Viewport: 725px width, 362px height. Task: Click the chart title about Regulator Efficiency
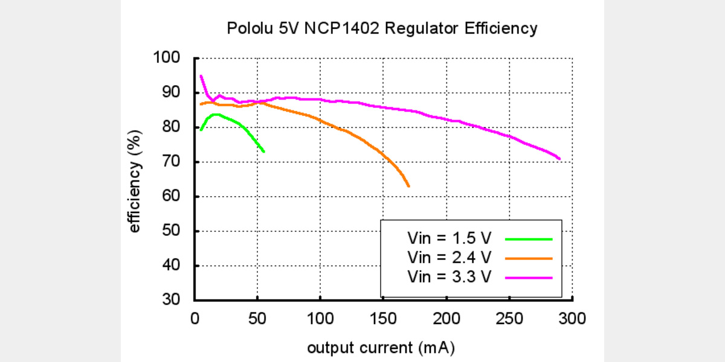(381, 28)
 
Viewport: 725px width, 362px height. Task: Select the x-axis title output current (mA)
(381, 348)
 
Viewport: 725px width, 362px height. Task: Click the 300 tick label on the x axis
(572, 318)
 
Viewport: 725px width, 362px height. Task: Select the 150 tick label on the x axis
(383, 318)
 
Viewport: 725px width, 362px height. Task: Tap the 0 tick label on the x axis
(195, 318)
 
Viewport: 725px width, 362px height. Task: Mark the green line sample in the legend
(529, 239)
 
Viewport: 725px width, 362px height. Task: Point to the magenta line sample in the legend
(529, 277)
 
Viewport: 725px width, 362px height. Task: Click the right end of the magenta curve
(560, 159)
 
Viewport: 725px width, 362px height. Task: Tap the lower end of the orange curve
(409, 186)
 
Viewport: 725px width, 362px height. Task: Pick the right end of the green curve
(264, 151)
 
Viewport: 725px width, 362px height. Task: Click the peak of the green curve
(215, 114)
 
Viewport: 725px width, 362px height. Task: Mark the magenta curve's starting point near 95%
(201, 76)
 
